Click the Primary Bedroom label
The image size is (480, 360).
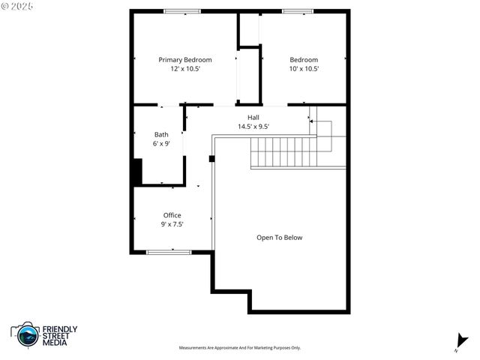[x=184, y=60]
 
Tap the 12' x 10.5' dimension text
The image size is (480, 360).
[x=184, y=69]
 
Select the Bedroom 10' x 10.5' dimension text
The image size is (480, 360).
[x=304, y=69]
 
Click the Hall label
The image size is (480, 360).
[x=253, y=118]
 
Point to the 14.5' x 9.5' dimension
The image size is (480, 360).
[x=253, y=127]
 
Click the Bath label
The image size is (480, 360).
[x=161, y=135]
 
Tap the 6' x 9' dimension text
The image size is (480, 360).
[x=161, y=144]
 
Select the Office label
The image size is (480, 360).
[x=172, y=215]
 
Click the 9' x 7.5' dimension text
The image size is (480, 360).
[x=172, y=224]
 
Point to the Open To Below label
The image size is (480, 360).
[x=280, y=238]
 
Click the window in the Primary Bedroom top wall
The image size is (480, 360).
[x=182, y=11]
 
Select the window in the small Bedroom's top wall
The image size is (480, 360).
[x=298, y=11]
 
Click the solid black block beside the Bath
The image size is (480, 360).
[x=136, y=172]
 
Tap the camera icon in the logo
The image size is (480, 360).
[x=26, y=334]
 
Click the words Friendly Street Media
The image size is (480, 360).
[x=59, y=335]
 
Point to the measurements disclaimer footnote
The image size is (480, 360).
[x=239, y=348]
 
